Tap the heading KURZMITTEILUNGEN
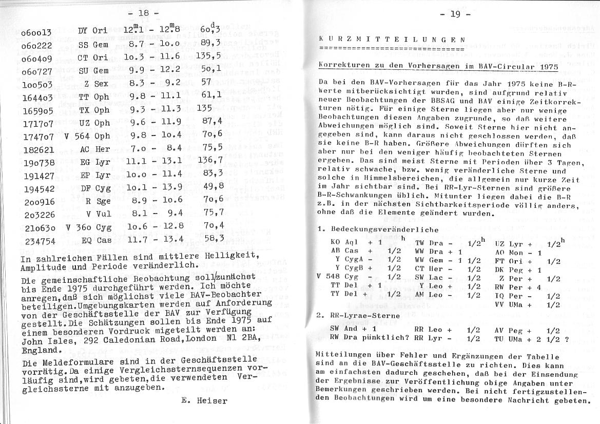click(x=392, y=39)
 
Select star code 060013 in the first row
click(x=36, y=33)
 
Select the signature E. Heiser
click(x=204, y=401)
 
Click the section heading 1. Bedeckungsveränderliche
click(x=378, y=229)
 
